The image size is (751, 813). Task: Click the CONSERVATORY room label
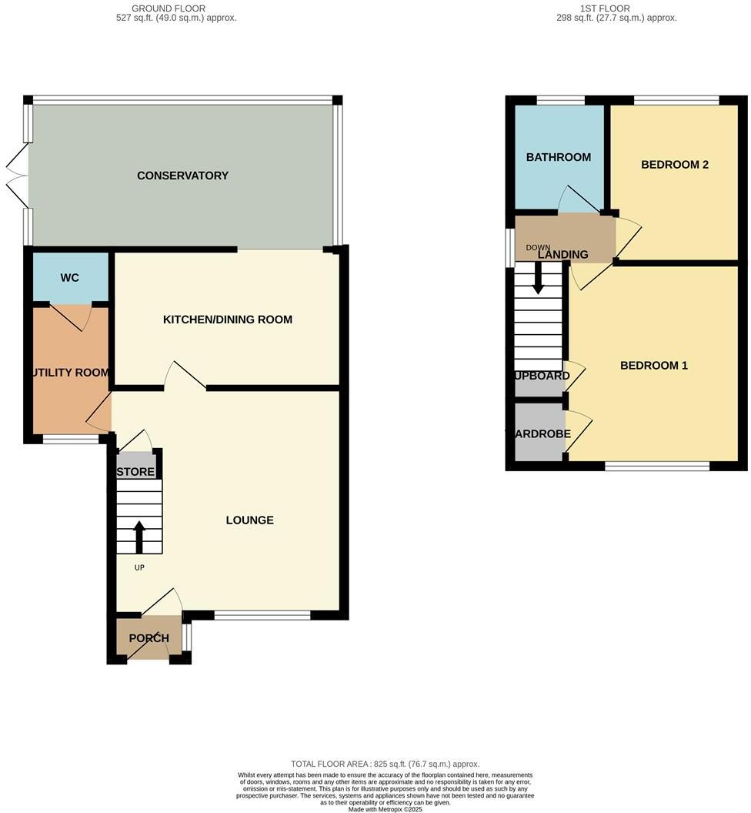182,176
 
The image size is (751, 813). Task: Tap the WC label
69,278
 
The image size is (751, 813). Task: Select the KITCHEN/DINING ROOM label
227,320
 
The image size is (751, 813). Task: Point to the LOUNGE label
249,520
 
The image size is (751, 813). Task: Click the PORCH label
149,638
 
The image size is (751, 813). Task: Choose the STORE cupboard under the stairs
136,472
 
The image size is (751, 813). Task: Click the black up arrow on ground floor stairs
139,537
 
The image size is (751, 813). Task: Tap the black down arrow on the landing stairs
538,278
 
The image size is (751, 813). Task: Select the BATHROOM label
558,157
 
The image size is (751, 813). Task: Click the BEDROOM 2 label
674,165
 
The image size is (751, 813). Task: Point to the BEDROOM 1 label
653,366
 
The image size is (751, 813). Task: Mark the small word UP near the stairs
139,568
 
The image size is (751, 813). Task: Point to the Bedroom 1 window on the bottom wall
656,466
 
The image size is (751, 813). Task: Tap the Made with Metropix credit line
385,809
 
